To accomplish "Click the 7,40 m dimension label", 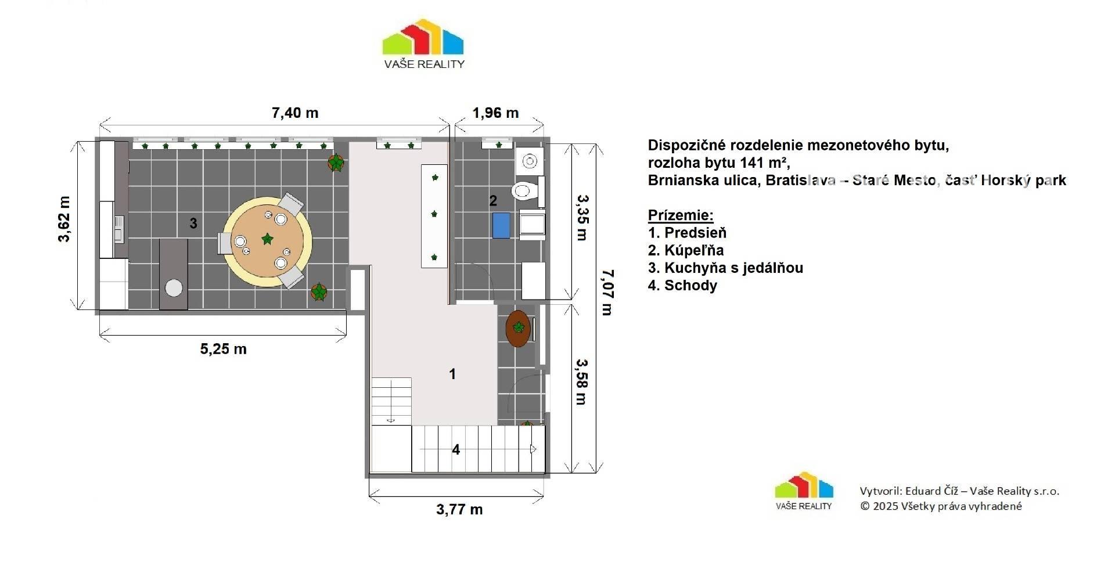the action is [x=295, y=113].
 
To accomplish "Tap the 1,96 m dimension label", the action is [x=495, y=113].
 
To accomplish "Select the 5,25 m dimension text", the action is [x=224, y=349].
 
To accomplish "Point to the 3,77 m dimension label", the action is [x=459, y=509].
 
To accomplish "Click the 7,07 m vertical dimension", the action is [x=607, y=292].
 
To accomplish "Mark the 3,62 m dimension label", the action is [x=64, y=219].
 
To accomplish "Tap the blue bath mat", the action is [x=501, y=225].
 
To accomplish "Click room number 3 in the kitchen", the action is [x=193, y=223].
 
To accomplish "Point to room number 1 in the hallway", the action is [x=453, y=374].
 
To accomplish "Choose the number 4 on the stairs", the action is [x=456, y=449].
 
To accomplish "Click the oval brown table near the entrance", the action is [x=518, y=329].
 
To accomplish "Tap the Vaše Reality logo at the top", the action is [x=423, y=44].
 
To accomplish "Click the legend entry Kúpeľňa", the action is [x=686, y=250].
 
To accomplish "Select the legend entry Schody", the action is [x=682, y=286].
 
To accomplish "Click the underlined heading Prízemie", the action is [x=681, y=215].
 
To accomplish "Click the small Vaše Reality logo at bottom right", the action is [x=804, y=491].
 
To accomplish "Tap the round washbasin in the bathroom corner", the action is [x=529, y=161].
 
